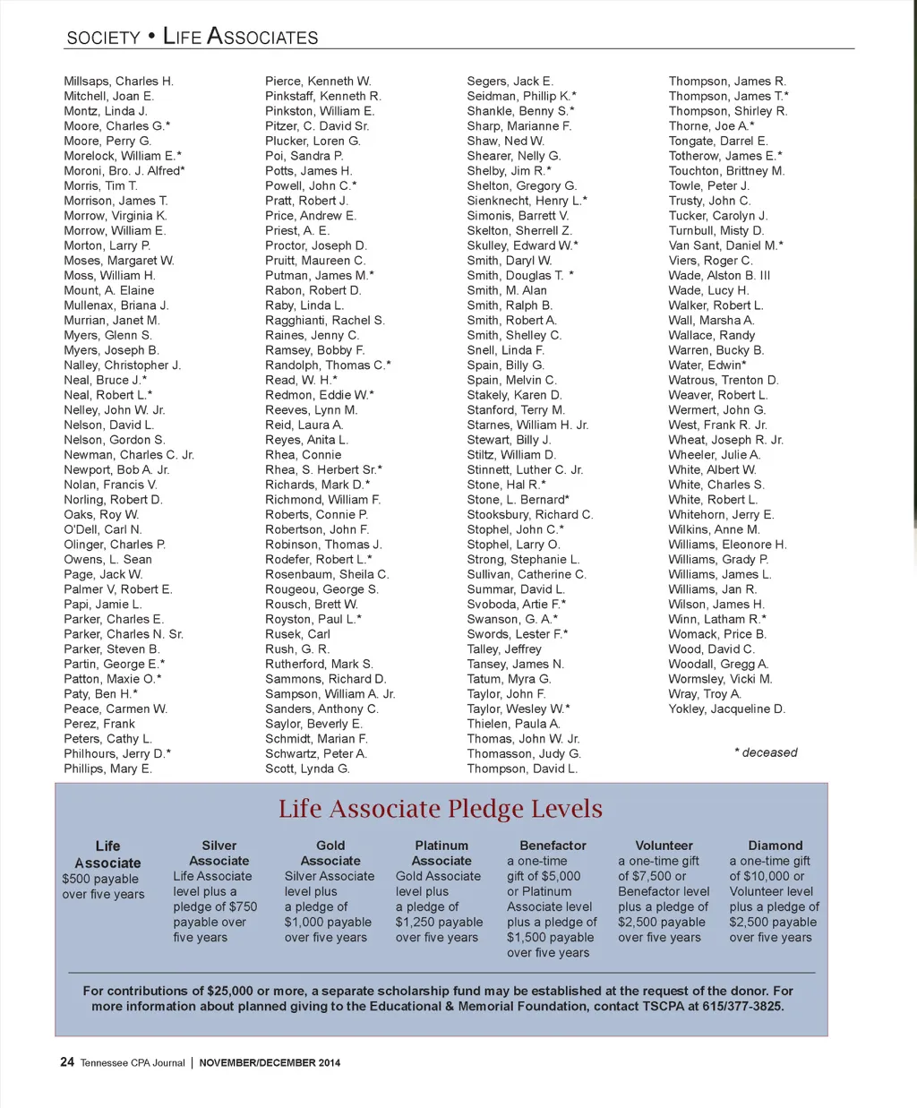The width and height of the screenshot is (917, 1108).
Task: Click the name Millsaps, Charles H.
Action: pyautogui.click(x=118, y=82)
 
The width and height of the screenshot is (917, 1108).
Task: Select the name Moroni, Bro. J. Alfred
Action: pyautogui.click(x=124, y=171)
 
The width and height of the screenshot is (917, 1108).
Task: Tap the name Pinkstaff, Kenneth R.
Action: pyautogui.click(x=322, y=96)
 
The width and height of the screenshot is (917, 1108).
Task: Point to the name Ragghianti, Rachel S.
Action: pyautogui.click(x=324, y=321)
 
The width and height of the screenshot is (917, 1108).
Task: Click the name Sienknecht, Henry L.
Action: pyautogui.click(x=527, y=201)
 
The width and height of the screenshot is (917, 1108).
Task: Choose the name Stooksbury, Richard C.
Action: pyautogui.click(x=529, y=515)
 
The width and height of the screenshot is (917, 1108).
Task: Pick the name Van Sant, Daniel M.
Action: pyautogui.click(x=725, y=245)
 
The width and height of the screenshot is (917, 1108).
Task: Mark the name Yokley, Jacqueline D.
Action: pyautogui.click(x=726, y=709)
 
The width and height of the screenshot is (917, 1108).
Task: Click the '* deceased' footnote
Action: pyautogui.click(x=766, y=753)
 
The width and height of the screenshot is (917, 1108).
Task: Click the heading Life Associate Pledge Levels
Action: pyautogui.click(x=440, y=809)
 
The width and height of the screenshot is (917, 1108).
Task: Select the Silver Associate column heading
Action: pyautogui.click(x=219, y=853)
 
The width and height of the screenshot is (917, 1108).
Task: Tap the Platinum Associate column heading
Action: pyautogui.click(x=441, y=853)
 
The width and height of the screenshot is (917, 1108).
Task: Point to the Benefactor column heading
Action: pyautogui.click(x=553, y=846)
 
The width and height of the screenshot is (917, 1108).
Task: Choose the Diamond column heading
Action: pyautogui.click(x=776, y=846)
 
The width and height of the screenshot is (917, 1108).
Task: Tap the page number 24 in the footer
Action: pyautogui.click(x=67, y=1062)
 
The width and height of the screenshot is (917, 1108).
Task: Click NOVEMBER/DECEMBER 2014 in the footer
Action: pyautogui.click(x=270, y=1063)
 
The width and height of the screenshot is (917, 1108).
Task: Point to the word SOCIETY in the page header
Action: pyautogui.click(x=103, y=38)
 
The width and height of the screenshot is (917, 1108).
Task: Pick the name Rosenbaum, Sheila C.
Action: pyautogui.click(x=326, y=575)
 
